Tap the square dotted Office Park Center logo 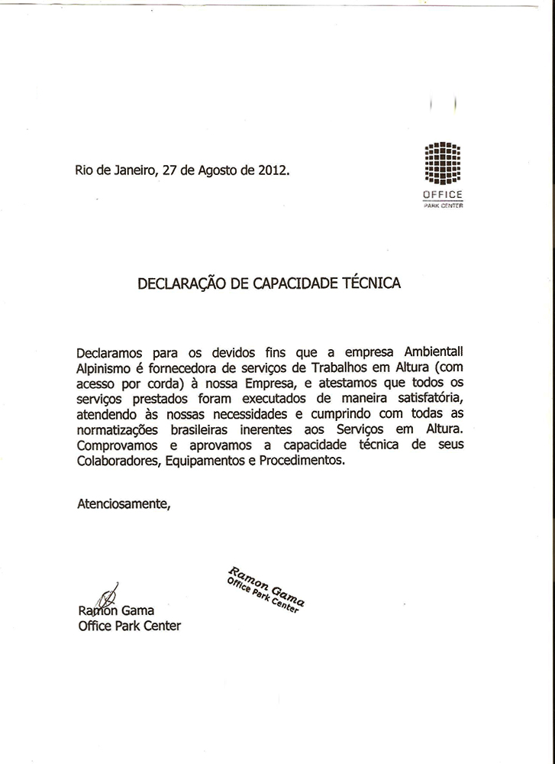pyautogui.click(x=443, y=163)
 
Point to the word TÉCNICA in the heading pyautogui.click(x=371, y=283)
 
